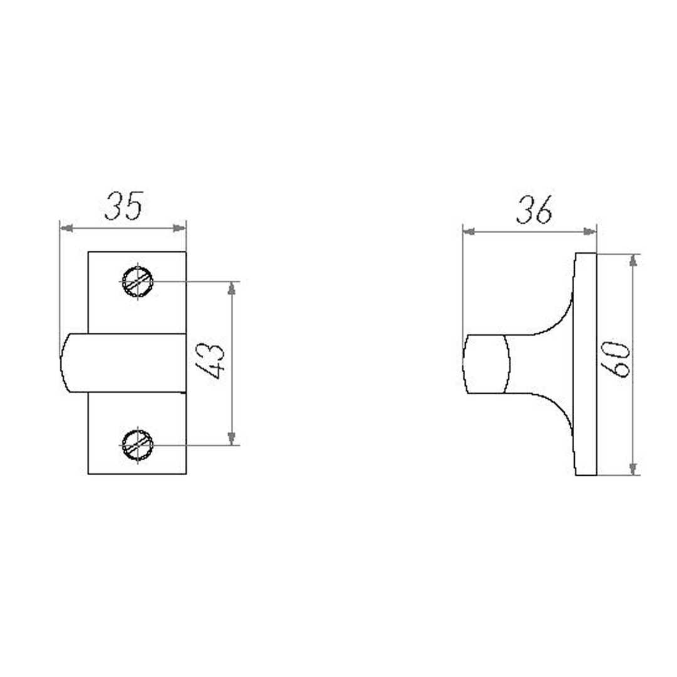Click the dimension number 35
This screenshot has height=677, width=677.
123,206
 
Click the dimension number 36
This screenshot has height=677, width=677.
535,210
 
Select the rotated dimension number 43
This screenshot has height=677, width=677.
210,361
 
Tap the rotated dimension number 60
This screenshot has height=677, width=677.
616,359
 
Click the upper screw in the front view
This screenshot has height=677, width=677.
137,281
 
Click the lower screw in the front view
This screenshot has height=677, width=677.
137,444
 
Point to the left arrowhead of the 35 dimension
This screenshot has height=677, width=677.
66,228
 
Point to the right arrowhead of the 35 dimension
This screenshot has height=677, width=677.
179,228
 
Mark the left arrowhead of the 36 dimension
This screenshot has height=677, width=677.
470,232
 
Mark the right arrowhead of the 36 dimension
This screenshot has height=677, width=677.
589,232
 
